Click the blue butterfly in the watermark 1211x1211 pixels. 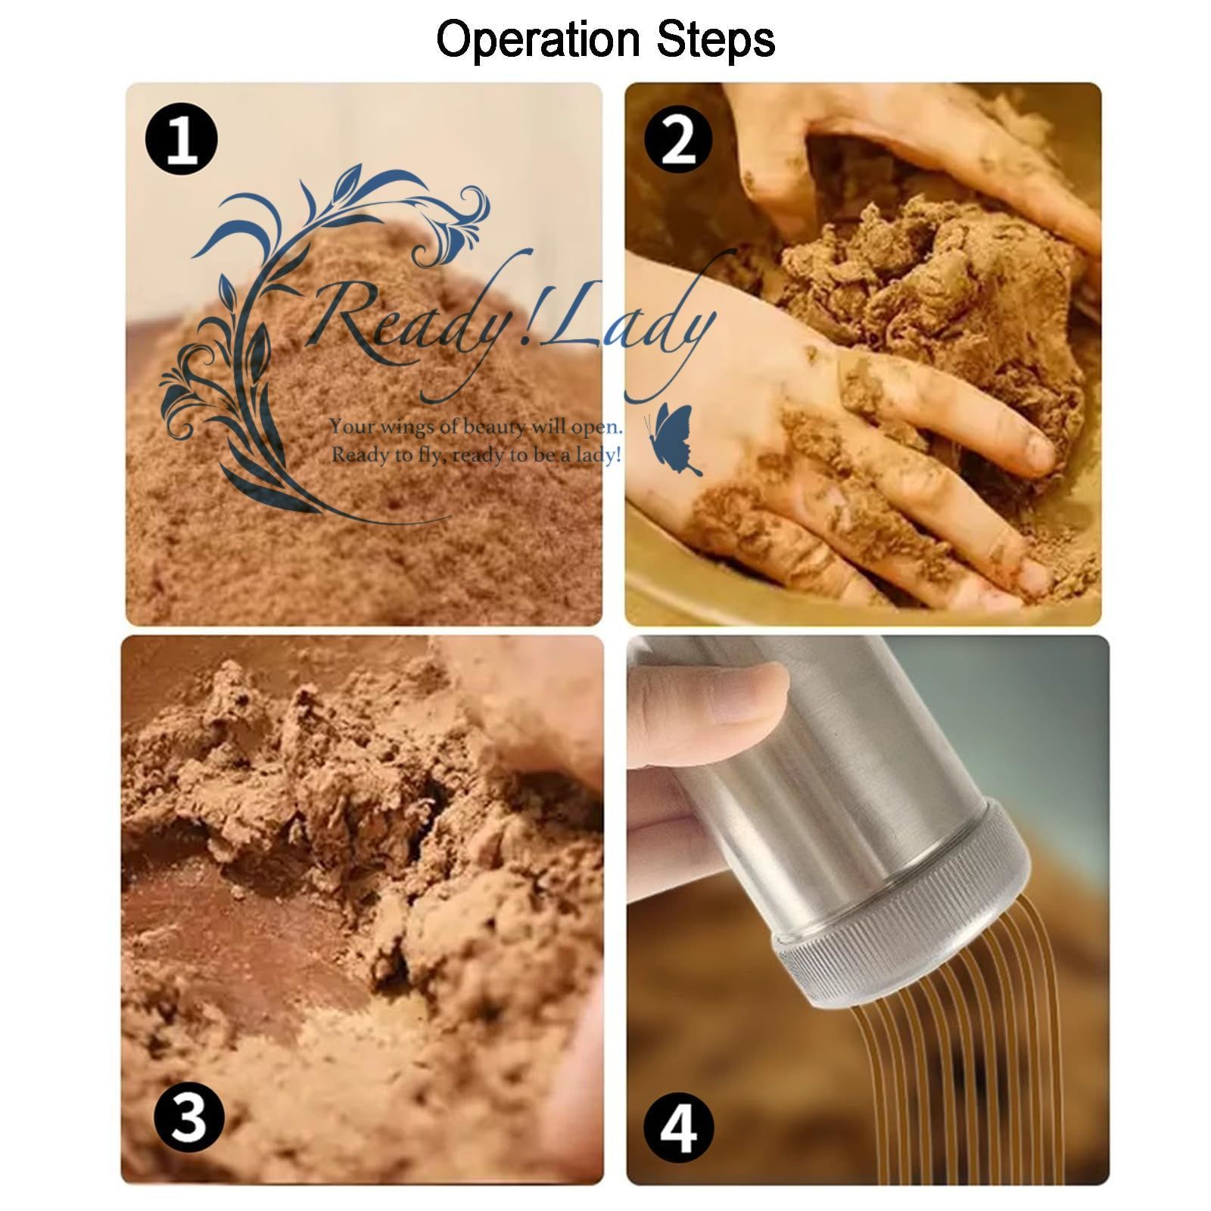point(674,439)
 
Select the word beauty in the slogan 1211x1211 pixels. point(496,428)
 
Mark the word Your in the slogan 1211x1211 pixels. point(352,427)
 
